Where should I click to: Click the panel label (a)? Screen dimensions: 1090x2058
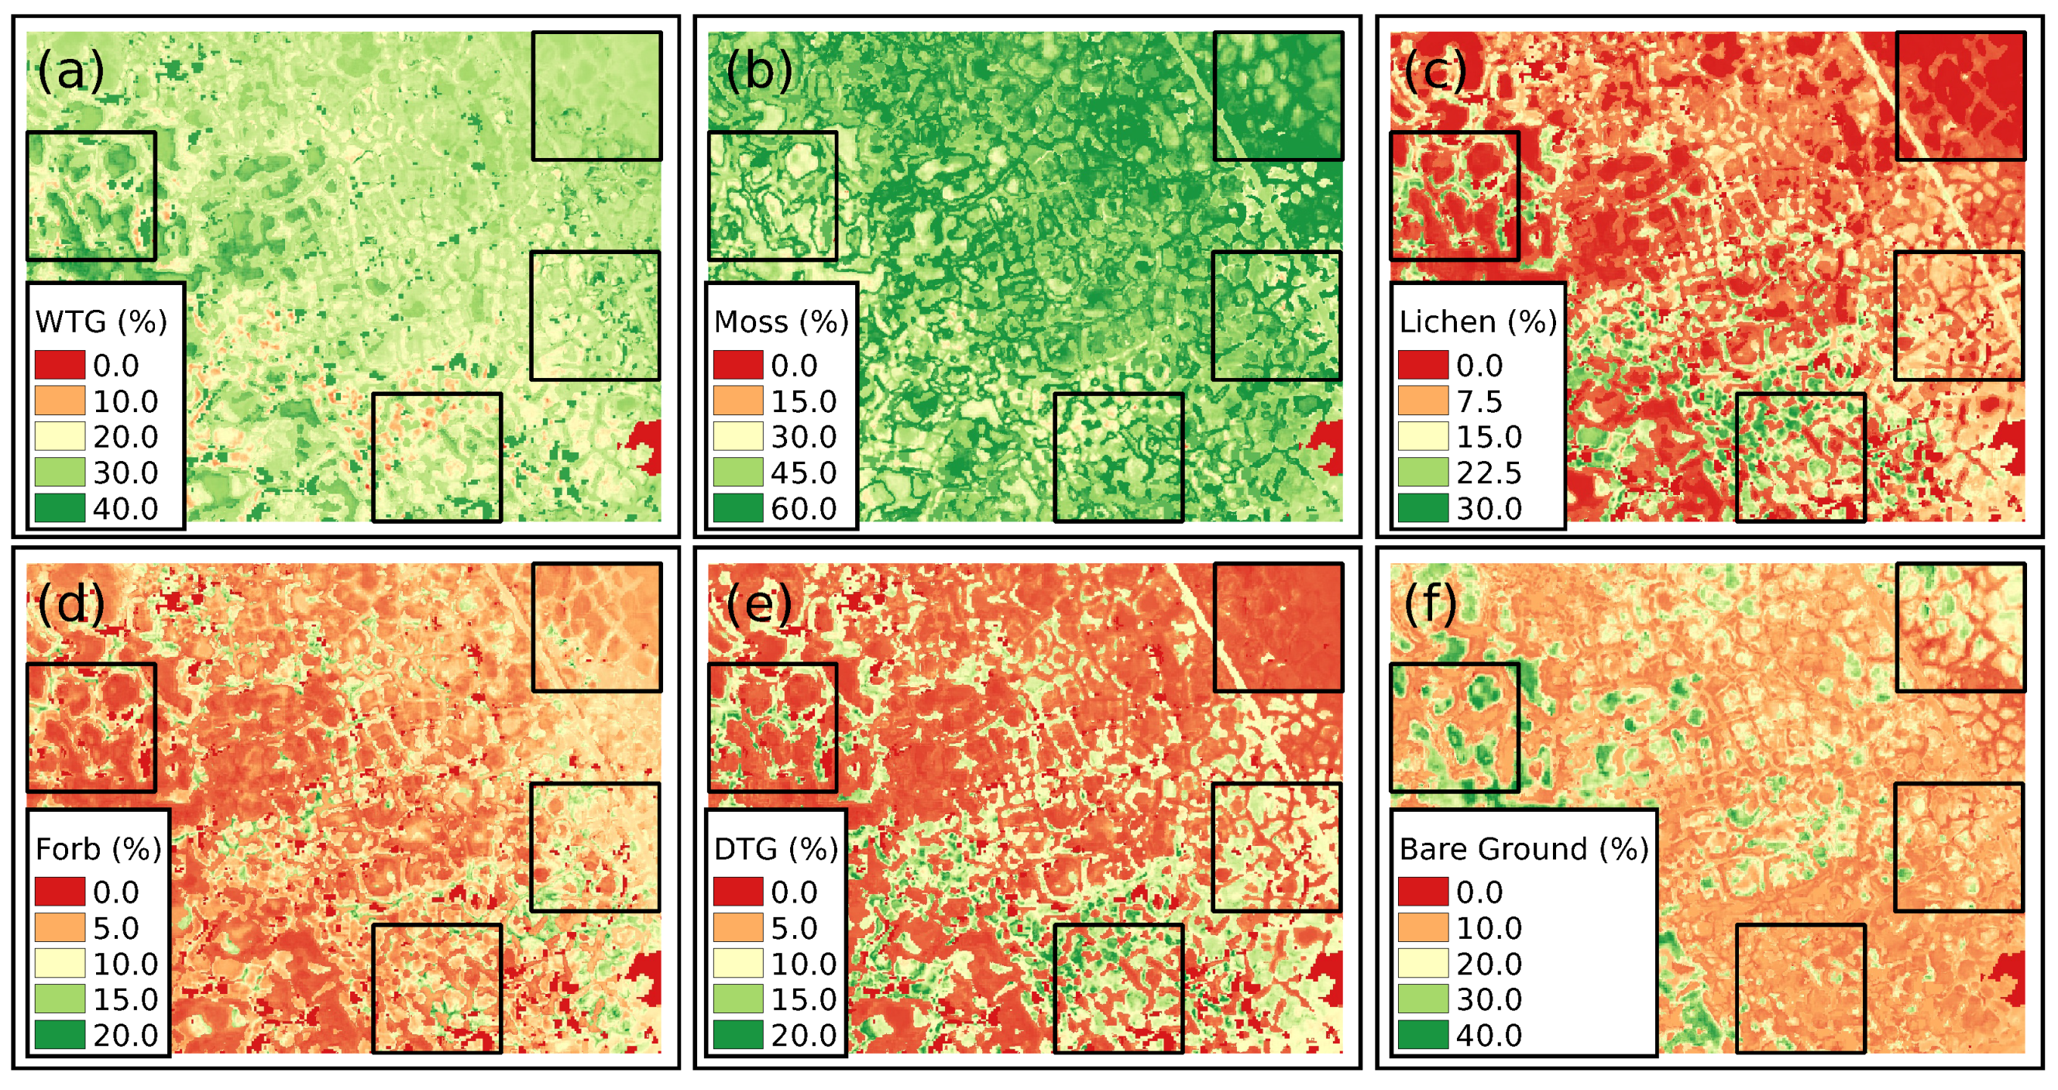click(x=71, y=71)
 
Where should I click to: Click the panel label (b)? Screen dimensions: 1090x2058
click(x=758, y=71)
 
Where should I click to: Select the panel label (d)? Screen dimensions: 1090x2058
click(x=71, y=603)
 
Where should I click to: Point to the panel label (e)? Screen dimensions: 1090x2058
click(x=758, y=603)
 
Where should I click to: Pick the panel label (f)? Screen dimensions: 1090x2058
click(x=1430, y=603)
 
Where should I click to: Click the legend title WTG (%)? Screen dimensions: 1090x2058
click(x=101, y=322)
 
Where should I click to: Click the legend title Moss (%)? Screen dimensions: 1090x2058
click(x=781, y=322)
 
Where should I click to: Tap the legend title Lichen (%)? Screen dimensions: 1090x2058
click(x=1478, y=322)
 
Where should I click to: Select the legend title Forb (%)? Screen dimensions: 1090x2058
click(x=99, y=848)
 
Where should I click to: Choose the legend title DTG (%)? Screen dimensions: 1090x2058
click(x=776, y=848)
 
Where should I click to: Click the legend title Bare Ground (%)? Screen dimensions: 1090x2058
click(x=1524, y=848)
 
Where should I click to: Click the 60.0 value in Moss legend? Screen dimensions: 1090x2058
click(x=803, y=509)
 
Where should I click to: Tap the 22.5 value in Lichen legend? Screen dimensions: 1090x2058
click(x=1489, y=473)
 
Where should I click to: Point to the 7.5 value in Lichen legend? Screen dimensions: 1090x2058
click(x=1479, y=402)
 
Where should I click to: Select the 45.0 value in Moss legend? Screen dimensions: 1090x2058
click(x=803, y=473)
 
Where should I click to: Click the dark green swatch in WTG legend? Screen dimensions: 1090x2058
click(x=60, y=508)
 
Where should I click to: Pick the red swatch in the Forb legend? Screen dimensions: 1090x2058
click(x=60, y=892)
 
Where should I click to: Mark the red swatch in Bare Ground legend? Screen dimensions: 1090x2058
click(x=1423, y=892)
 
